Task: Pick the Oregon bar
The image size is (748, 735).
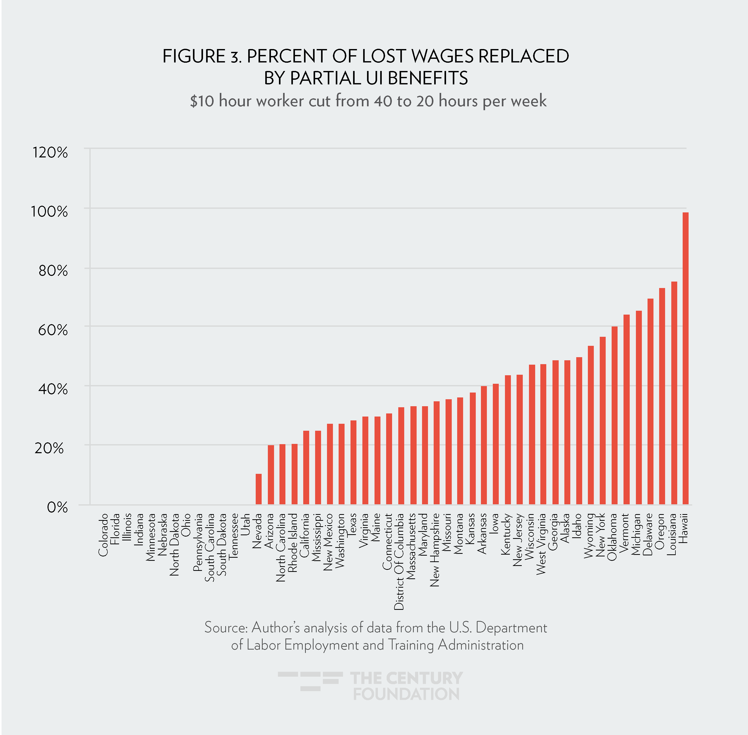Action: pyautogui.click(x=662, y=396)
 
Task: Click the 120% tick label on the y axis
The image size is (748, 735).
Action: pyautogui.click(x=50, y=153)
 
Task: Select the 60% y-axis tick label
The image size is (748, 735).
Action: pyautogui.click(x=53, y=330)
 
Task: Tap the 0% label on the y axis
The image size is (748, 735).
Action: pyautogui.click(x=57, y=507)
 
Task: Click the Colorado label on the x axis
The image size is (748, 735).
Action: pyautogui.click(x=103, y=535)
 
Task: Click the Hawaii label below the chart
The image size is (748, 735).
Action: pyautogui.click(x=684, y=528)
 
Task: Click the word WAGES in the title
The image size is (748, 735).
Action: pyautogui.click(x=442, y=56)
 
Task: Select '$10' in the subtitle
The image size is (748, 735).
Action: pyautogui.click(x=202, y=101)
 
